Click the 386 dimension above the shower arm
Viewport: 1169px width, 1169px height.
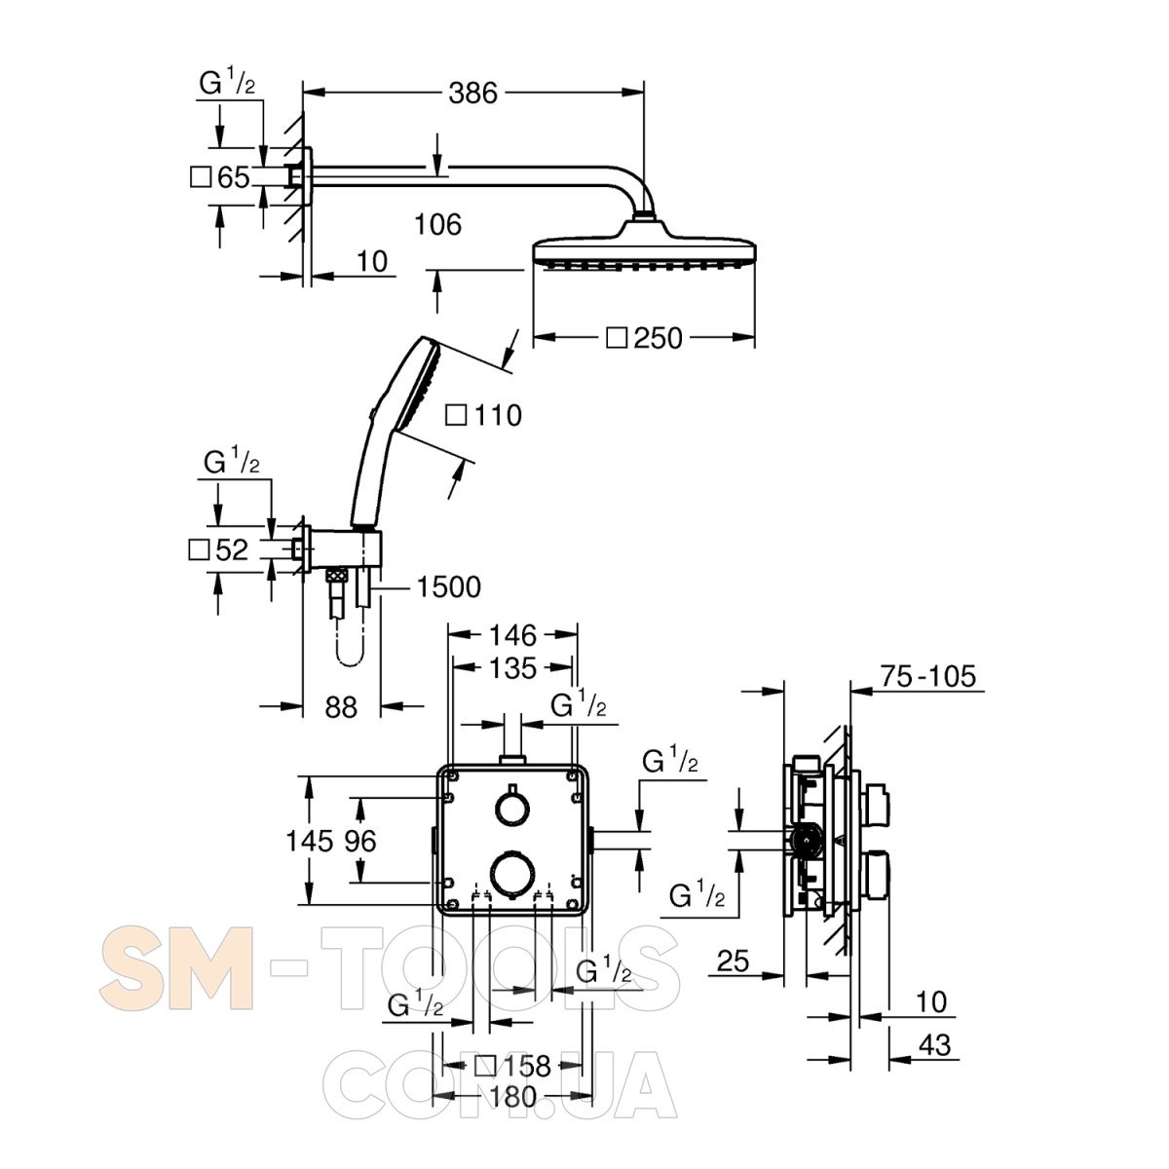click(472, 93)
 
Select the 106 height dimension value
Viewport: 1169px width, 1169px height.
click(437, 224)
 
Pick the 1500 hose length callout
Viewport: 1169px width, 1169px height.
click(449, 586)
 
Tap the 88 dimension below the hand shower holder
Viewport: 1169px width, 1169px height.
click(341, 707)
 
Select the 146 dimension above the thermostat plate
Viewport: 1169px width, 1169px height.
click(512, 636)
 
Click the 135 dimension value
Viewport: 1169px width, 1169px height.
click(512, 668)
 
